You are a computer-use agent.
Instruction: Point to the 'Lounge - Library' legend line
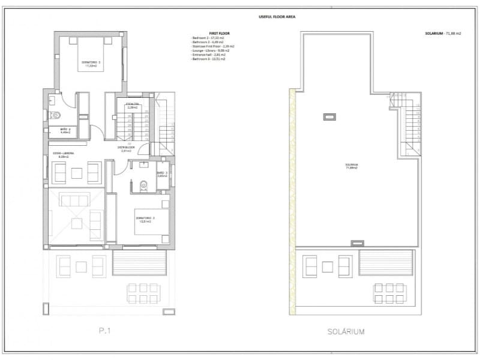tap(212, 51)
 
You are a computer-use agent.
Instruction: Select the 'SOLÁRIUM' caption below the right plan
tap(346, 331)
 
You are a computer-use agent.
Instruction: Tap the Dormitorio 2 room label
tap(91, 64)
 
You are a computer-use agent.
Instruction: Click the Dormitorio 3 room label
tap(145, 220)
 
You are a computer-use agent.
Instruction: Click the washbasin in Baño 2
tap(52, 100)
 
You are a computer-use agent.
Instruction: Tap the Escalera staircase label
tap(133, 106)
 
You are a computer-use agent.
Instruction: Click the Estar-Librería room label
tap(63, 155)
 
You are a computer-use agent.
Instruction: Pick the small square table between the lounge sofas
tap(76, 173)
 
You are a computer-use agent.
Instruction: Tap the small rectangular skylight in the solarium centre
tap(329, 117)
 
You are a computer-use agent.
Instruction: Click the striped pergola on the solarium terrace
tap(386, 263)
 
